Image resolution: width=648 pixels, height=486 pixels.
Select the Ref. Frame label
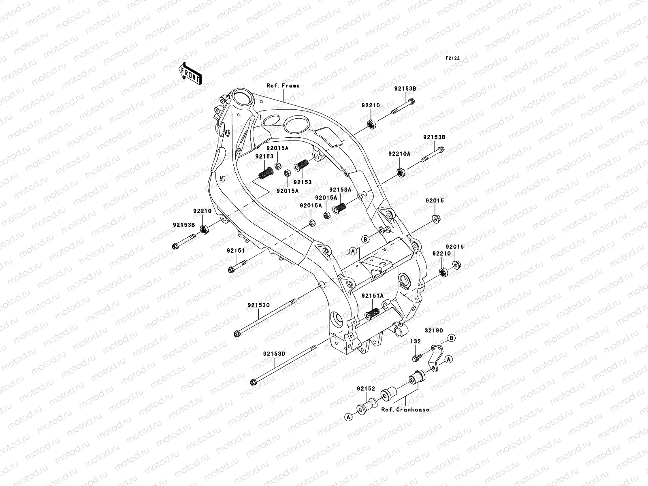[x=283, y=85]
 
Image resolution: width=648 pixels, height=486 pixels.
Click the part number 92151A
[x=372, y=296]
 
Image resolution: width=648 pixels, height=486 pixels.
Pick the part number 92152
[x=366, y=388]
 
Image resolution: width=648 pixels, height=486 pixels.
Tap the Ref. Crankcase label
[x=405, y=409]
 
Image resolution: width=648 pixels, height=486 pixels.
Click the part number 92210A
[x=399, y=154]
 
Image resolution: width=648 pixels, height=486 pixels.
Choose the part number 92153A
[x=340, y=190]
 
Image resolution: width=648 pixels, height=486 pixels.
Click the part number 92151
[x=236, y=251]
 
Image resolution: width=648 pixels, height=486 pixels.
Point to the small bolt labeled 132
[x=416, y=358]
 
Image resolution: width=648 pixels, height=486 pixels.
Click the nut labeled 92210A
[x=401, y=173]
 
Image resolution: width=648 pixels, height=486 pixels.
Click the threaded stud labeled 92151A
[x=372, y=313]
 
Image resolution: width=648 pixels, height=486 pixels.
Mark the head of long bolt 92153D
[x=253, y=382]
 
